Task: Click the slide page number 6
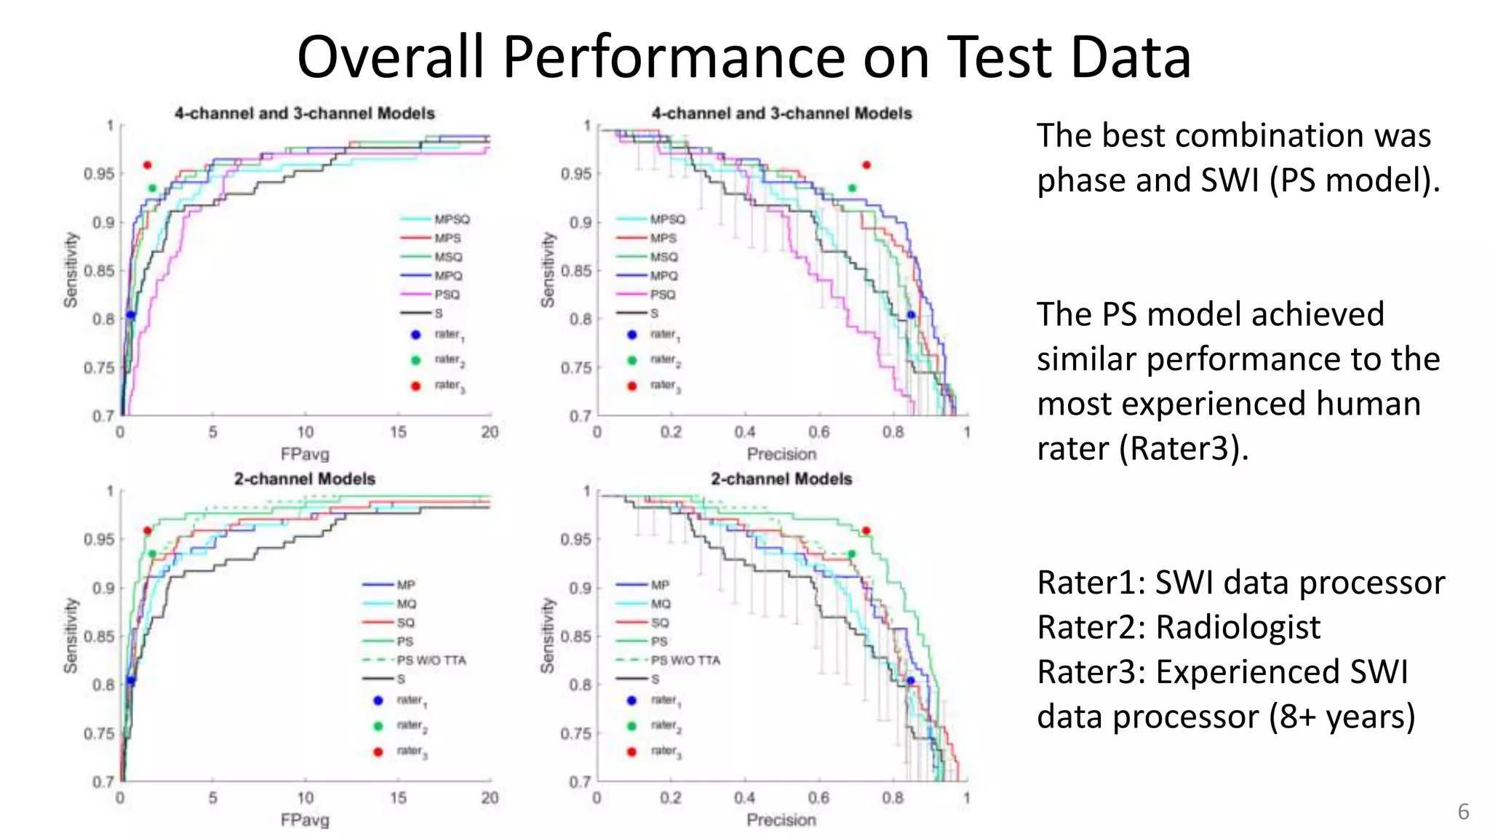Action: click(1463, 812)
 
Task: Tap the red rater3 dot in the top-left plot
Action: click(148, 165)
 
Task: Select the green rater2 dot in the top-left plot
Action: click(152, 188)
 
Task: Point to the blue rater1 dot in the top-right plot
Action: click(911, 315)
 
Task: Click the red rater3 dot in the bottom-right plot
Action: click(866, 531)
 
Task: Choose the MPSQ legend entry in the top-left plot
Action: click(452, 219)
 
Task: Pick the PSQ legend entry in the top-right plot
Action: click(662, 295)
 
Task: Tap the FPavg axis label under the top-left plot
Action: click(305, 455)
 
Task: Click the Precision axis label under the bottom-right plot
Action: click(781, 820)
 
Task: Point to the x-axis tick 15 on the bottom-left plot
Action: click(398, 797)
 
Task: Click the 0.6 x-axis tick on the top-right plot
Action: click(818, 432)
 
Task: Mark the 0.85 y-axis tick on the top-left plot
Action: click(99, 271)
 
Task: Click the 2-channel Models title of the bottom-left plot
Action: click(305, 479)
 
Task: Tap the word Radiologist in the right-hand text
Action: click(1238, 627)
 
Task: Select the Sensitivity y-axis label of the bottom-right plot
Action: click(547, 635)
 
